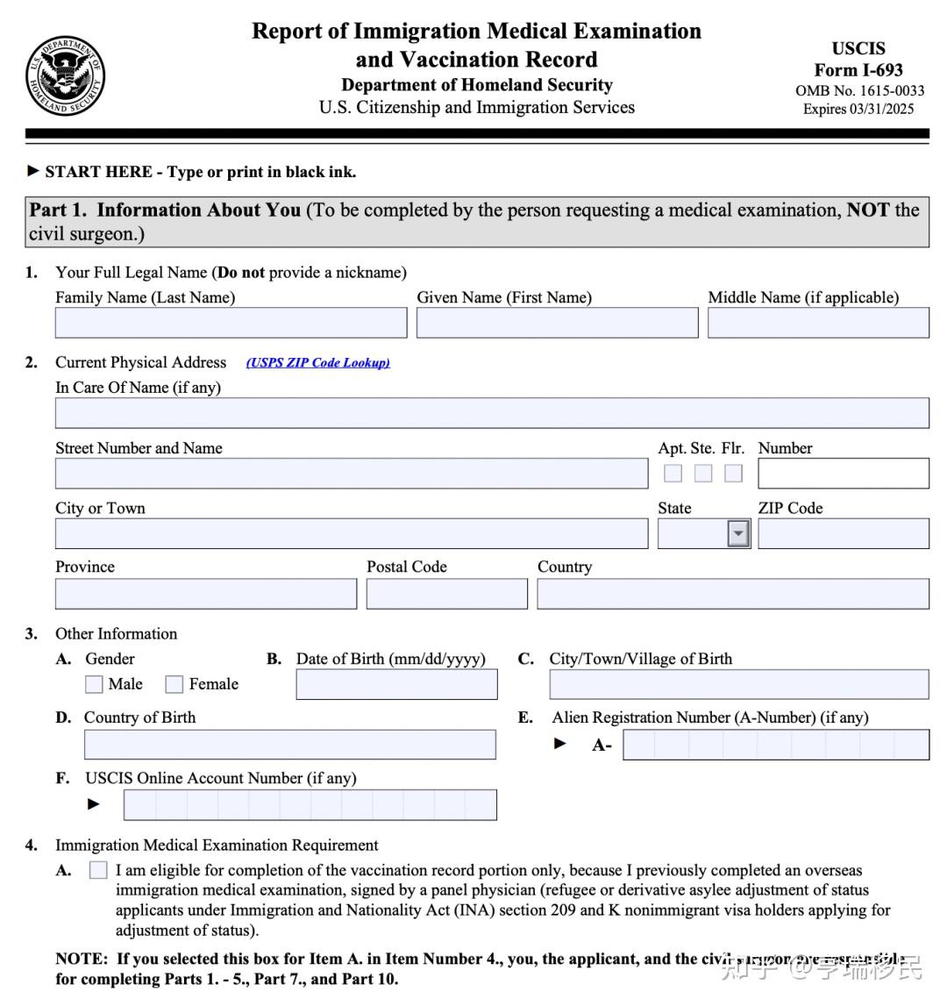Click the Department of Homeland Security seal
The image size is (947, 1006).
pyautogui.click(x=66, y=76)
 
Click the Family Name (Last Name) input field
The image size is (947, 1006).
pyautogui.click(x=231, y=323)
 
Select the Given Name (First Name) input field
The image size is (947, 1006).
pyautogui.click(x=557, y=323)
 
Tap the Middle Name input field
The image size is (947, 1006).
pyautogui.click(x=818, y=323)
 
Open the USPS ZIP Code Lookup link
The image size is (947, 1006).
pyautogui.click(x=318, y=363)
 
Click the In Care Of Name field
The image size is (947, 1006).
pyautogui.click(x=492, y=413)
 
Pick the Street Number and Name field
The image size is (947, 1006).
pyautogui.click(x=352, y=474)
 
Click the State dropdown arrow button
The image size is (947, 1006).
pyautogui.click(x=739, y=533)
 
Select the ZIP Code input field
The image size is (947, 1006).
pyautogui.click(x=843, y=533)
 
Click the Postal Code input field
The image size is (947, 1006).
pyautogui.click(x=446, y=594)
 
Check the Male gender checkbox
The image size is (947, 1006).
pyautogui.click(x=94, y=685)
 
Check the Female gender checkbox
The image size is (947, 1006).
pyautogui.click(x=174, y=685)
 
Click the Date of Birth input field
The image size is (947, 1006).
pyautogui.click(x=396, y=684)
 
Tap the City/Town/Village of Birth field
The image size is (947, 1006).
pyautogui.click(x=739, y=684)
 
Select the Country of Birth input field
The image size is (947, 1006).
pyautogui.click(x=289, y=745)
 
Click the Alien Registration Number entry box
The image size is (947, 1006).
pyautogui.click(x=776, y=745)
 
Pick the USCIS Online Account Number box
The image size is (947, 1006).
pyautogui.click(x=310, y=805)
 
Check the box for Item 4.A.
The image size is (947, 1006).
pyautogui.click(x=98, y=871)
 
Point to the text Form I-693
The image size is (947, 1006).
pyautogui.click(x=858, y=70)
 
